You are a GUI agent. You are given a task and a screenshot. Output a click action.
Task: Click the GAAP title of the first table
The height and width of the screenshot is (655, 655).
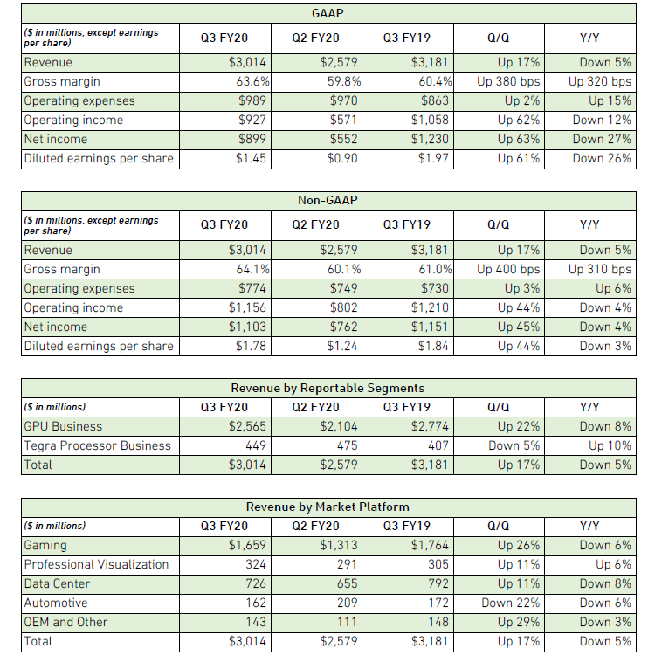point(327,14)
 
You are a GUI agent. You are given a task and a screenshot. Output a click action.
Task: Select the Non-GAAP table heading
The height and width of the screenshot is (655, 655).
point(327,201)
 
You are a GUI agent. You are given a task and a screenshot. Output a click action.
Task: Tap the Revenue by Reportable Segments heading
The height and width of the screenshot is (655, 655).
point(327,388)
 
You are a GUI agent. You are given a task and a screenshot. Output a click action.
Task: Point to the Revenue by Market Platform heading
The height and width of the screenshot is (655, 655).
point(327,507)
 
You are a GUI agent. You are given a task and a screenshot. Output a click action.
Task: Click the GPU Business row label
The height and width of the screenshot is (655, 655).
point(63,427)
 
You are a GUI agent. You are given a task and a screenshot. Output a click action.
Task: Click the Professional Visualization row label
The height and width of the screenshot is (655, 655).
point(96,565)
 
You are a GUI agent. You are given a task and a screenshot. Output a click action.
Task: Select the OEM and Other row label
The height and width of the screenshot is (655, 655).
point(66,623)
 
